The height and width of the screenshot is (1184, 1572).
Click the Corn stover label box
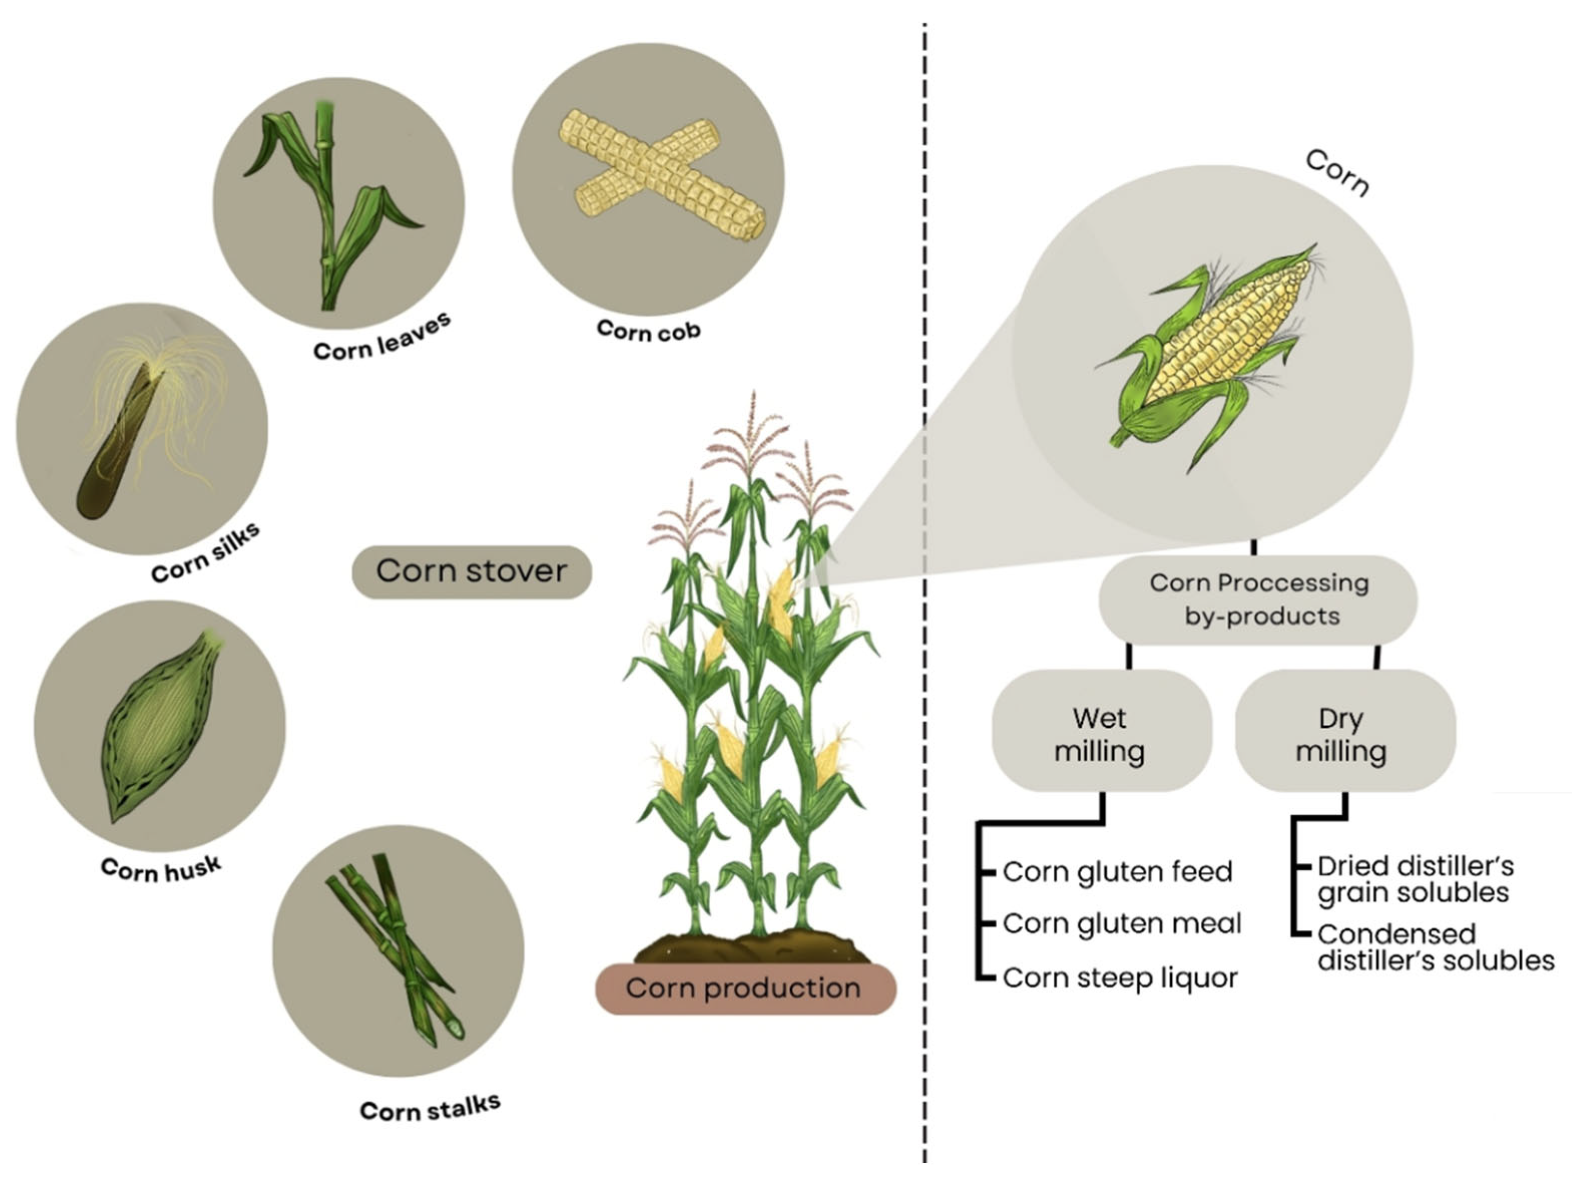click(x=471, y=571)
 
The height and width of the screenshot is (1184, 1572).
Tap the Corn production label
click(x=745, y=988)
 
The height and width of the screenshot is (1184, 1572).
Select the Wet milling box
click(x=1100, y=732)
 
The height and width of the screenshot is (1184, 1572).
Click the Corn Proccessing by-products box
click(x=1259, y=599)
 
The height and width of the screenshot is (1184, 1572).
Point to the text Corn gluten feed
click(x=1117, y=871)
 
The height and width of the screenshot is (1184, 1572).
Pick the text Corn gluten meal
click(x=1121, y=924)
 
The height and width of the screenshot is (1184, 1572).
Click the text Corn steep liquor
click(x=1120, y=978)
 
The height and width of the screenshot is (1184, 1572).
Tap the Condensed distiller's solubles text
click(x=1434, y=947)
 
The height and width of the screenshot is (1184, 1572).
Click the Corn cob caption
click(x=648, y=331)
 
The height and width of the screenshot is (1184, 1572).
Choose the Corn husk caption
click(x=161, y=868)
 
